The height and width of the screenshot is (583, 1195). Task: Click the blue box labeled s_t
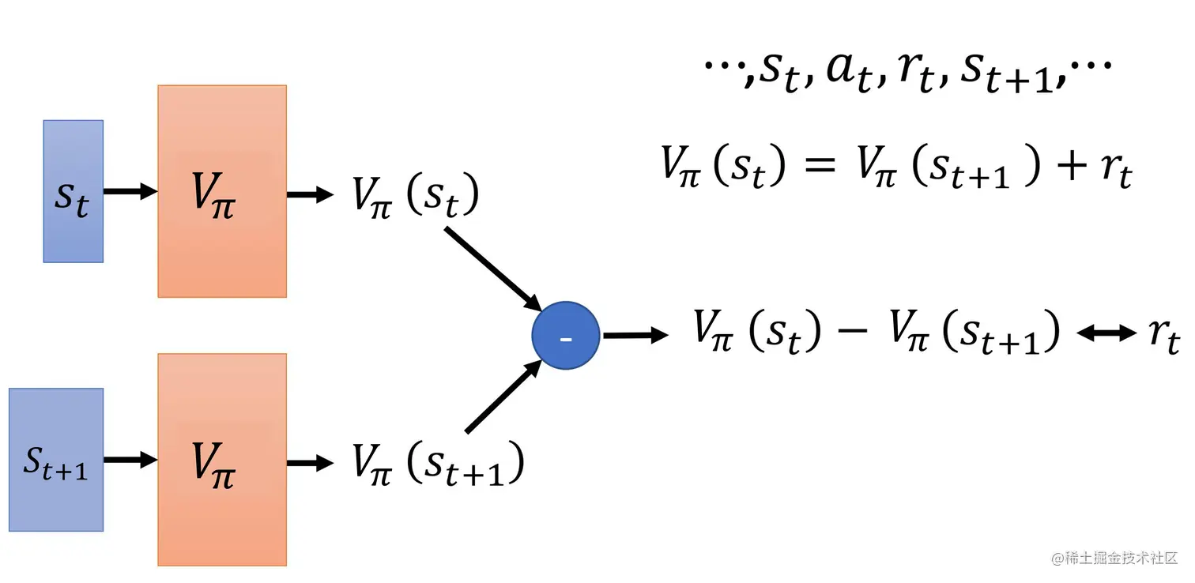[73, 191]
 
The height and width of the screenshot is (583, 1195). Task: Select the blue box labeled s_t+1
[56, 460]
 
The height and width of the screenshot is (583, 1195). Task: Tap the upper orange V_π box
[222, 191]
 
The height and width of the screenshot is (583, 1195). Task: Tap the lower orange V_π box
[222, 460]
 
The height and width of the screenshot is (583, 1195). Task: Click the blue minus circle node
[566, 337]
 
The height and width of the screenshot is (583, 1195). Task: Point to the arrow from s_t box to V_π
[130, 192]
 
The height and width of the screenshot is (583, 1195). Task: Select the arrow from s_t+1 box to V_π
[130, 461]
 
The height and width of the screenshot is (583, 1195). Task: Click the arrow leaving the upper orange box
[310, 194]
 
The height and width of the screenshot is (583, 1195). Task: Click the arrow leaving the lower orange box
[310, 463]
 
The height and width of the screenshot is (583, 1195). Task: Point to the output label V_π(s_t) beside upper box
[416, 196]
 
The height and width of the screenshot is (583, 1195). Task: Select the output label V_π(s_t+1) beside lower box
[437, 465]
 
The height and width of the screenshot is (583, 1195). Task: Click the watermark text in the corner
[1114, 559]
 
